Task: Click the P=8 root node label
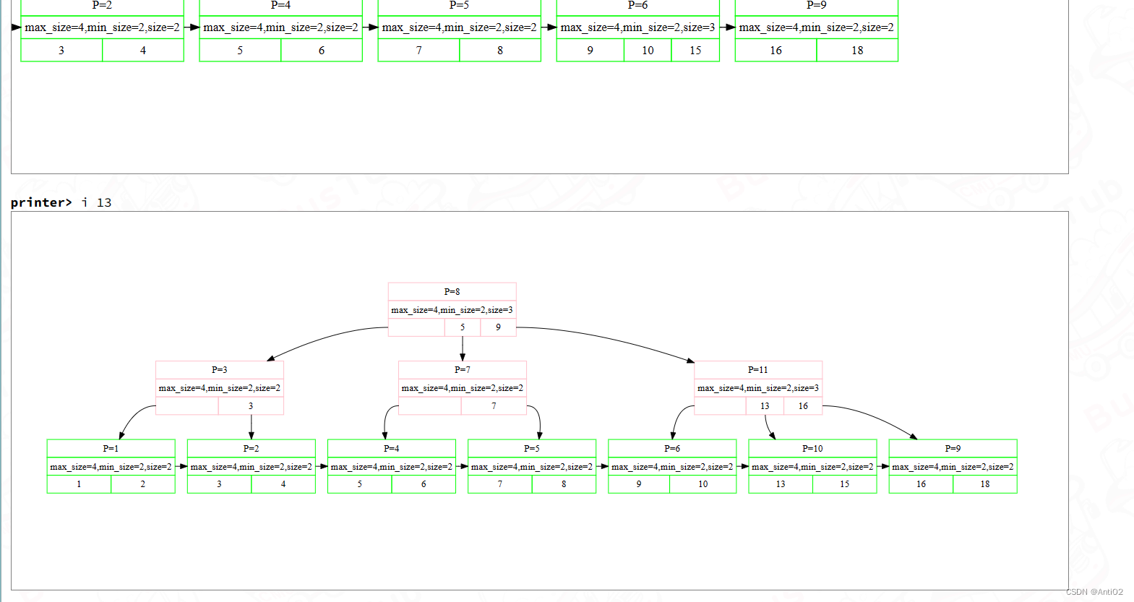coord(452,292)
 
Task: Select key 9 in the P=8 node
coord(498,327)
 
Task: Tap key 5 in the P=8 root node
coord(463,327)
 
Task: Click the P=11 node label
coord(757,370)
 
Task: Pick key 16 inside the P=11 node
coord(803,406)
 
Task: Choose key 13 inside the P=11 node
coord(765,406)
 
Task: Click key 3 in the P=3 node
coord(251,406)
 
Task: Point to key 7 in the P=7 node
coord(494,406)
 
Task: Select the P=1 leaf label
coord(111,449)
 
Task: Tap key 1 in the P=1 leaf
coord(79,484)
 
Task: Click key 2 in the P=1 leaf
coord(142,484)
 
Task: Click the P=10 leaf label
coord(812,449)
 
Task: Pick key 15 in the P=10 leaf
coord(844,484)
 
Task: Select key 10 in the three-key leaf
coord(648,51)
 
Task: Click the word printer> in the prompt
coord(41,202)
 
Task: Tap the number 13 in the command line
coord(104,202)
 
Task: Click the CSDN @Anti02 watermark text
coord(1094,592)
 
